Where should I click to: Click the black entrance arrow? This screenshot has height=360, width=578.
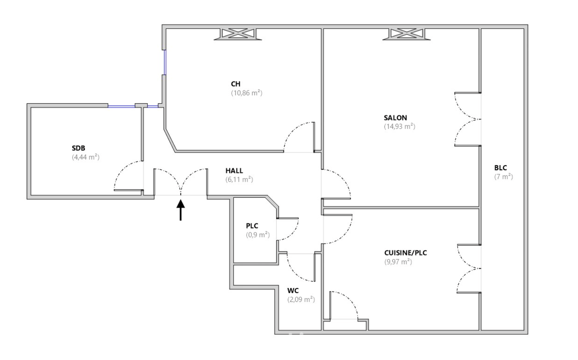click(x=181, y=210)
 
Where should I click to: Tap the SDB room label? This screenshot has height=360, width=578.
click(x=78, y=148)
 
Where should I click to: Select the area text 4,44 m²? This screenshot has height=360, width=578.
click(x=85, y=157)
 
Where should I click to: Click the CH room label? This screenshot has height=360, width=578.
click(x=235, y=84)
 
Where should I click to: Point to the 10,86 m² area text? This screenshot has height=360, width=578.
click(x=247, y=93)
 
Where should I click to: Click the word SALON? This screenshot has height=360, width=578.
click(x=395, y=118)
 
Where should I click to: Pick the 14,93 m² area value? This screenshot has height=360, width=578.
click(x=400, y=126)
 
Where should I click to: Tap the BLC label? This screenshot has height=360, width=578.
click(x=501, y=168)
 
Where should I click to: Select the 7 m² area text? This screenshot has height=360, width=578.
click(x=503, y=177)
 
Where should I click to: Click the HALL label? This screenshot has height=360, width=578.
click(x=234, y=171)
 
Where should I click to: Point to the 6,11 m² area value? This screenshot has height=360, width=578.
click(x=239, y=179)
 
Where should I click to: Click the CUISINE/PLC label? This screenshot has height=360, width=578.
click(x=405, y=253)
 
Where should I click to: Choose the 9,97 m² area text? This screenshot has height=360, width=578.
click(x=398, y=262)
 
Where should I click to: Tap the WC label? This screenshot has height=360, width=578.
click(x=293, y=291)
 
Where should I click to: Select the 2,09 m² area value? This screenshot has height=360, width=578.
click(x=301, y=299)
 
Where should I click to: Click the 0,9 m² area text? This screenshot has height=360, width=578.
click(x=258, y=235)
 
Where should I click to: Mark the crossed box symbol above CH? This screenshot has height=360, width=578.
click(x=238, y=34)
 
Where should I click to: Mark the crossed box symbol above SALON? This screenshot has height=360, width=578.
click(x=406, y=34)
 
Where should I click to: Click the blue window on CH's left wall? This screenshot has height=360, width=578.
click(x=165, y=62)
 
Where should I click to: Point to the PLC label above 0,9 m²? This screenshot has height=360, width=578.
click(x=252, y=226)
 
